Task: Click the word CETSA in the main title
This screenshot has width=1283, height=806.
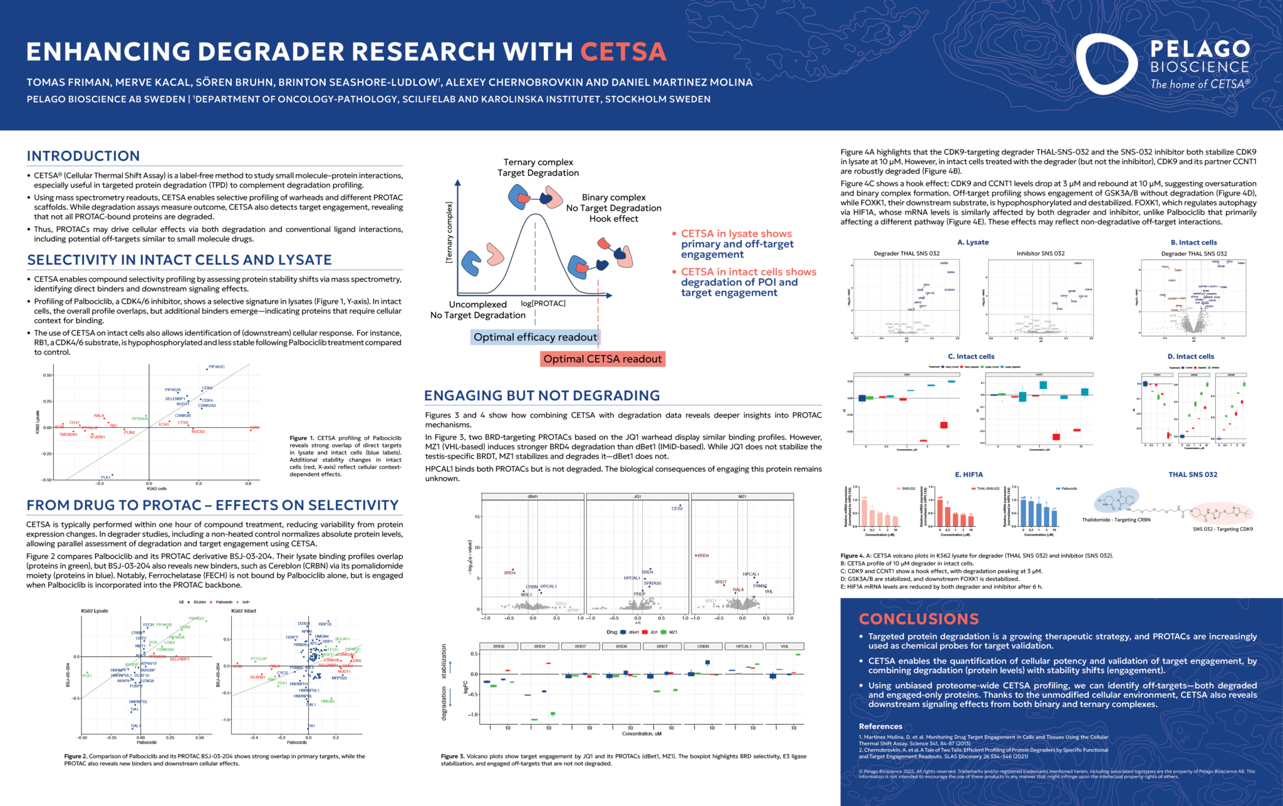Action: [x=623, y=52]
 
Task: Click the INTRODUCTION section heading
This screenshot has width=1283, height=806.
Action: [x=83, y=156]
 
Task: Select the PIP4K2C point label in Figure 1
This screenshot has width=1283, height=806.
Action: [x=217, y=367]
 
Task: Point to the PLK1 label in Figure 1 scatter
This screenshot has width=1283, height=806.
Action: [x=105, y=477]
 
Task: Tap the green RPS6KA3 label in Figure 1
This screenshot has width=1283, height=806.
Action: [x=140, y=418]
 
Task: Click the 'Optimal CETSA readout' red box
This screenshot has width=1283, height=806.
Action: [x=602, y=359]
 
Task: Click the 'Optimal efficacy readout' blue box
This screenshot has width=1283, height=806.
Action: [x=535, y=338]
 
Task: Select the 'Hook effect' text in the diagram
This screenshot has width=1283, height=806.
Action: [x=613, y=219]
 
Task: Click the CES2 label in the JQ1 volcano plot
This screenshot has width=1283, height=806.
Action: [x=677, y=509]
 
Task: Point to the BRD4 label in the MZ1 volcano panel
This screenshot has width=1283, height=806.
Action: [x=703, y=555]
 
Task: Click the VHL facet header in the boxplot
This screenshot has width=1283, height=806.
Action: [x=784, y=646]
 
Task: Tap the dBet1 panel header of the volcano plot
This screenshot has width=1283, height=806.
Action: [x=532, y=497]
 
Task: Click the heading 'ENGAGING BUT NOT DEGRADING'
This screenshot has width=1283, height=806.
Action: [x=542, y=396]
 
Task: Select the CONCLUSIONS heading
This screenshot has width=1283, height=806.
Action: [x=918, y=619]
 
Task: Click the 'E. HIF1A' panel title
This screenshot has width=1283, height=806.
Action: [x=969, y=475]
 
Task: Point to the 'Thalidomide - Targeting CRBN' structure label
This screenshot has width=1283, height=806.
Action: [x=1116, y=520]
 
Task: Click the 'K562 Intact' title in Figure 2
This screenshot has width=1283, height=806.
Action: [x=244, y=611]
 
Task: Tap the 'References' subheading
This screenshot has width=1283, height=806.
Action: [x=880, y=726]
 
